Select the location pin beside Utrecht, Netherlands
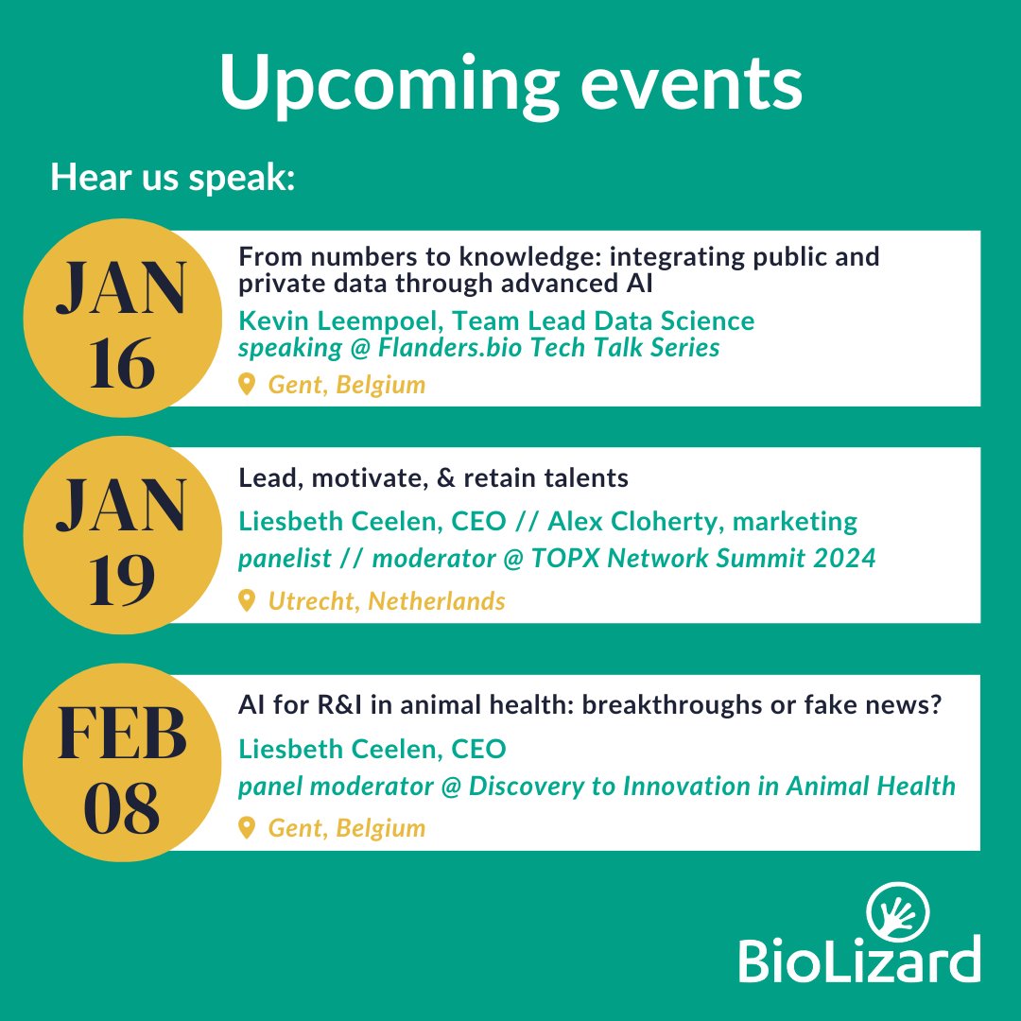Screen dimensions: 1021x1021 click(x=247, y=600)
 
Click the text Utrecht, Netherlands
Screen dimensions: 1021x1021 click(x=387, y=600)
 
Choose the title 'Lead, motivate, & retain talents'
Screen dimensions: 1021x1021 click(x=433, y=478)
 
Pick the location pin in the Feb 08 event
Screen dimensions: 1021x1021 click(x=247, y=828)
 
